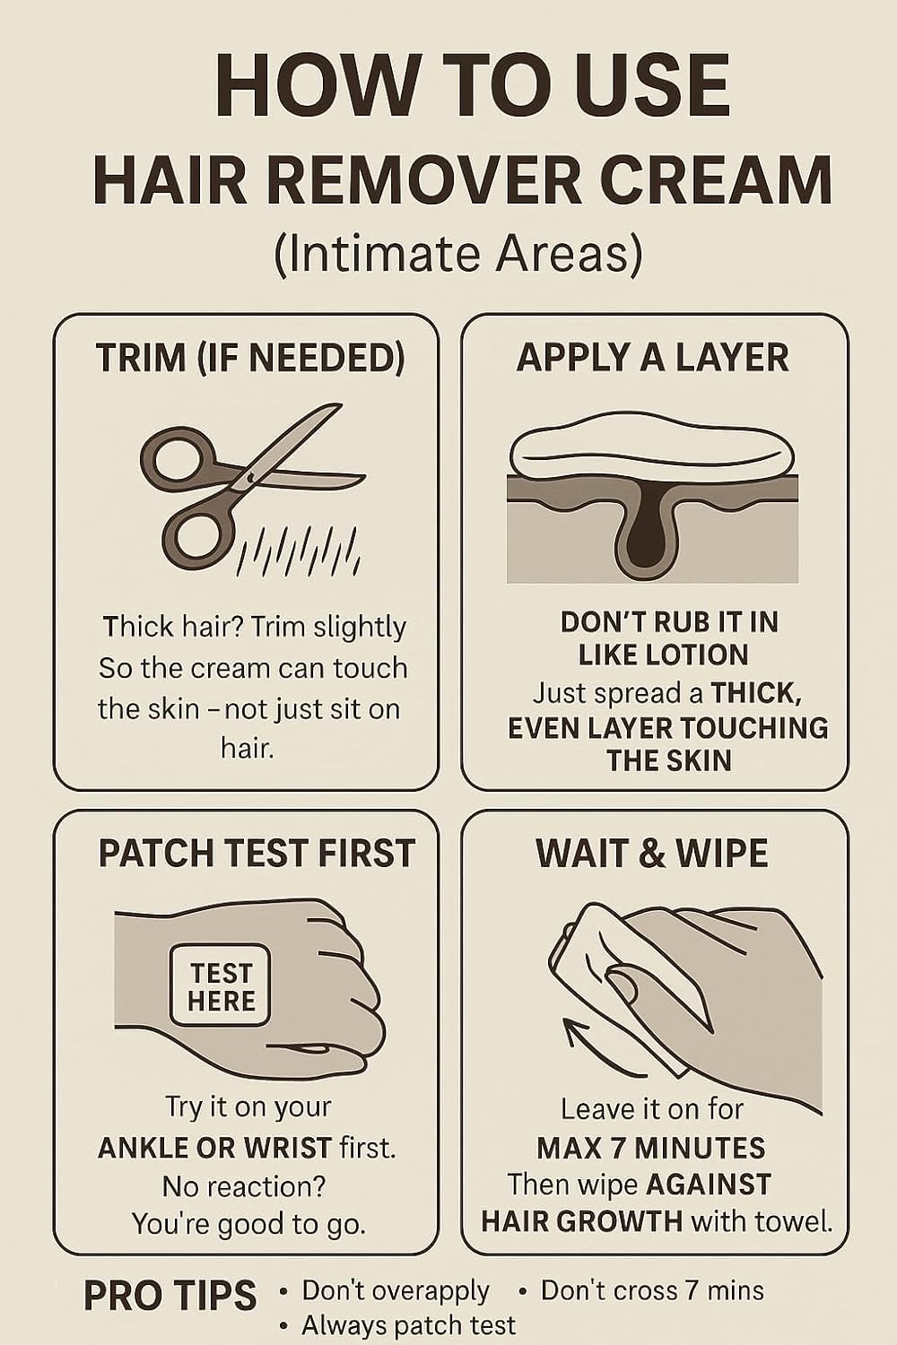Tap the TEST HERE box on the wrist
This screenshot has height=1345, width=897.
point(221,985)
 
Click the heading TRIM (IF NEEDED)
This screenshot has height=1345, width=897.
point(250,358)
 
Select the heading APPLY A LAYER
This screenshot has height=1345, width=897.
point(653,357)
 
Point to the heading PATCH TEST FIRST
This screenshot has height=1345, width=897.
point(257,854)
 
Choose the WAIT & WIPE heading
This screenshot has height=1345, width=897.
point(652,854)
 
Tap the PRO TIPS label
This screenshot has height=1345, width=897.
point(170,1295)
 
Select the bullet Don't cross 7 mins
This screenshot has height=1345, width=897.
point(652,1289)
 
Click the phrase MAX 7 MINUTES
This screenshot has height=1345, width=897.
point(650,1148)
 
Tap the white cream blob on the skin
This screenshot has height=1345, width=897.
point(652,447)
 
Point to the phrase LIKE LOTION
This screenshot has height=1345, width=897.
point(663,655)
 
